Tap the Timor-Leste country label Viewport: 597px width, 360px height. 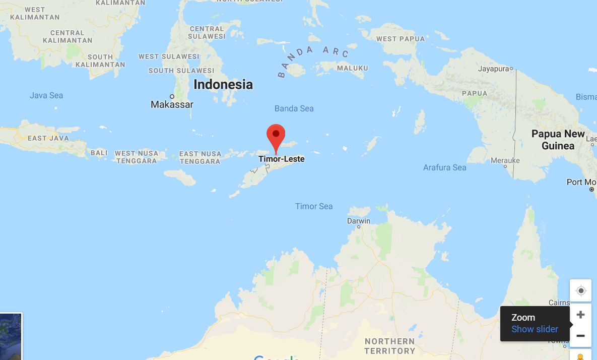[281, 159]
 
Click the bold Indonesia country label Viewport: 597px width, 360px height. [223, 84]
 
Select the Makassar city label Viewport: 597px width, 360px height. [172, 104]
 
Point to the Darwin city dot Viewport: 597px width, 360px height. [359, 227]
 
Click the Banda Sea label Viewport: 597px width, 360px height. [294, 108]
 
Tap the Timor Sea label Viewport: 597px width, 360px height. [314, 206]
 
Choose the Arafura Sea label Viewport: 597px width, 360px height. [444, 167]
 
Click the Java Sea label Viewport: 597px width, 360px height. [46, 95]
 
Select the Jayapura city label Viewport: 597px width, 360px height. [493, 68]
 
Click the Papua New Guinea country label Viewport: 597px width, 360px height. [558, 140]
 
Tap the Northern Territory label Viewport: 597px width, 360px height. [389, 346]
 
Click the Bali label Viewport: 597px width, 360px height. [99, 152]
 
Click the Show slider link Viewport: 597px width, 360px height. [535, 329]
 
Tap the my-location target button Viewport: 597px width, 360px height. [580, 291]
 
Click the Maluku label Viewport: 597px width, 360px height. [352, 68]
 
